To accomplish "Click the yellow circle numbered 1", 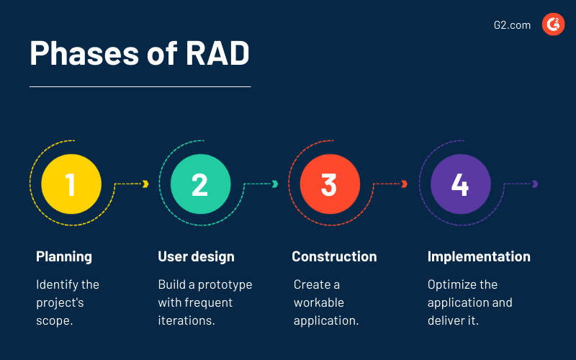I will [x=71, y=184].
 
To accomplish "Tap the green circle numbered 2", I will [x=200, y=184].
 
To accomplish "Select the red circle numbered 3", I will [x=329, y=184].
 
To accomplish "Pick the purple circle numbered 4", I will [x=460, y=184].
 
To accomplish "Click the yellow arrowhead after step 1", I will [x=145, y=184].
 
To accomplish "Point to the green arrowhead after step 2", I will [x=275, y=184].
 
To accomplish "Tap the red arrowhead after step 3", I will [x=405, y=184].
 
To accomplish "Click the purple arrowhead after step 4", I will [x=535, y=184].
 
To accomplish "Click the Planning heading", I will [x=64, y=256].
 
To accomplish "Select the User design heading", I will [x=196, y=256].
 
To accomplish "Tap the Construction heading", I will [x=334, y=256].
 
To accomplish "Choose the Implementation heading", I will [x=479, y=256].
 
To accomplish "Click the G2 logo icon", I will [x=553, y=25].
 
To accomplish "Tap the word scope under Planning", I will [x=53, y=320].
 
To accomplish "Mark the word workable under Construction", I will [x=319, y=302].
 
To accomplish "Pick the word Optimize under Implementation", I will [x=452, y=284].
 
